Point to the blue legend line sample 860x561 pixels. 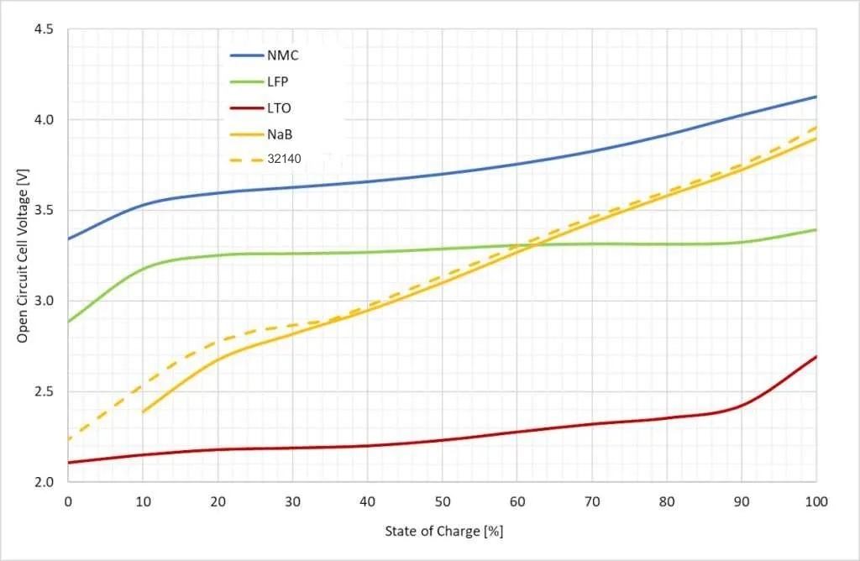(x=246, y=56)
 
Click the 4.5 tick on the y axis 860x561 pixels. (x=44, y=29)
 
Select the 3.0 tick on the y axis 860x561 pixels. (x=44, y=301)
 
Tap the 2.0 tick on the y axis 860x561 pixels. (x=44, y=482)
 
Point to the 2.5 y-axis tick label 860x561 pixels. (x=44, y=391)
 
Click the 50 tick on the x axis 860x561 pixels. (x=442, y=501)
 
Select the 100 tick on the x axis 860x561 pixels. (x=816, y=501)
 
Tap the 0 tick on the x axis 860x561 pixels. (x=68, y=501)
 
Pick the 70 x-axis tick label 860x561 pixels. (x=592, y=501)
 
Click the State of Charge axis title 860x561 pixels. (x=443, y=531)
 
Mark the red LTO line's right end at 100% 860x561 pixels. (x=816, y=356)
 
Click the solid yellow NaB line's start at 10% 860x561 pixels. (x=143, y=412)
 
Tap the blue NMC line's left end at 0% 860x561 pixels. (x=68, y=239)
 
